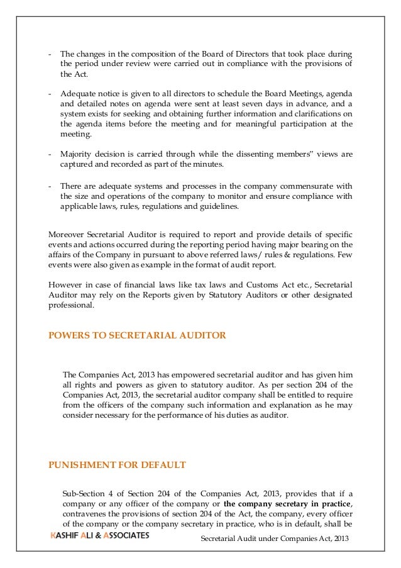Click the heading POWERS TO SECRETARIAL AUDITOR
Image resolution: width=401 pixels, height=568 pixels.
pos(138,336)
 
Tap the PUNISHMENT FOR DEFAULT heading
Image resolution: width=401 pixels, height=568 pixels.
pos(117,465)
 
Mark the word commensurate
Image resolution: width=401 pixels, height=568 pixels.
pos(303,186)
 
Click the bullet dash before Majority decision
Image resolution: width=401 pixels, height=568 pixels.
pos(50,153)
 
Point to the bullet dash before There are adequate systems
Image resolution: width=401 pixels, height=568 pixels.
pos(50,186)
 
